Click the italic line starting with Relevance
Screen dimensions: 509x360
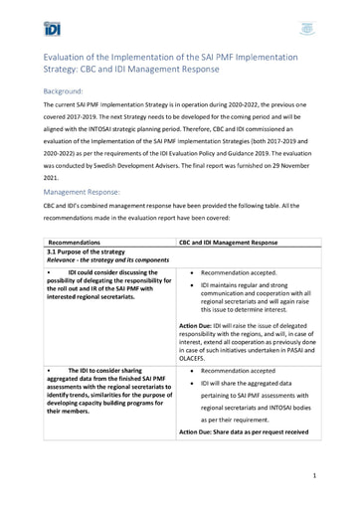[x=103, y=260]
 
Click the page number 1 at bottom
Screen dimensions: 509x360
[x=313, y=476]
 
